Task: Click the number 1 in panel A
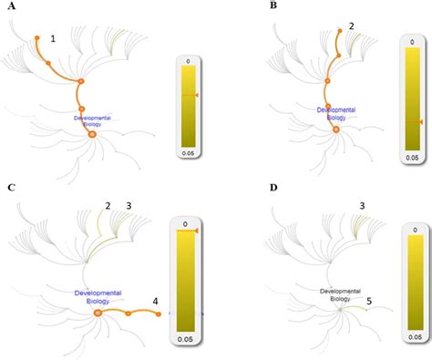click(x=54, y=38)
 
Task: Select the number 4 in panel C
click(x=156, y=301)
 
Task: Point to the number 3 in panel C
click(x=129, y=207)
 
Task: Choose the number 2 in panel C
click(x=107, y=207)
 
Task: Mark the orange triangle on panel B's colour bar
click(x=420, y=122)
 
